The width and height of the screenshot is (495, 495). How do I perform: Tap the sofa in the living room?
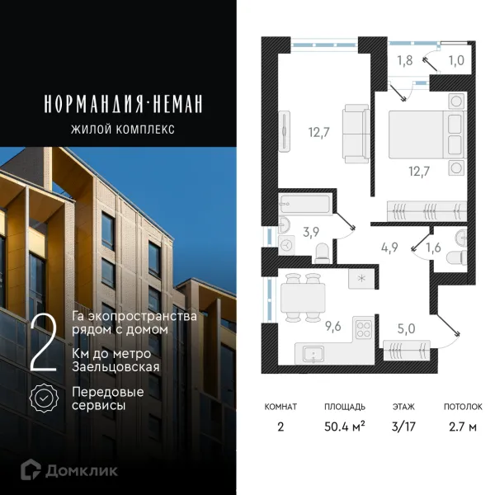pyautogui.click(x=358, y=132)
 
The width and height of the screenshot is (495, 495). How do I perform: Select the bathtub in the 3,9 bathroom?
pyautogui.click(x=305, y=203)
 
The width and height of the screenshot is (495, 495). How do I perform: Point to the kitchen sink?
pyautogui.click(x=313, y=355)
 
